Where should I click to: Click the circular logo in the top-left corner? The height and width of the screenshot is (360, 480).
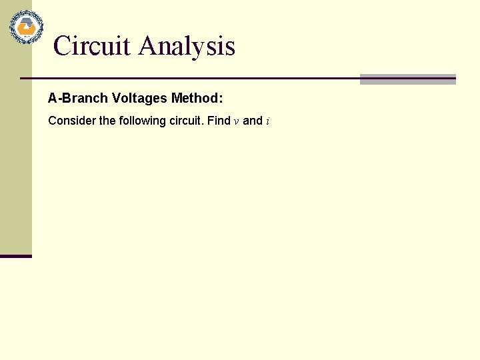(26, 27)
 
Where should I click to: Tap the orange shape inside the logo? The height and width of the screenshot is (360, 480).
(26, 28)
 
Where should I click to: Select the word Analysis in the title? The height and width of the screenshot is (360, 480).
(187, 46)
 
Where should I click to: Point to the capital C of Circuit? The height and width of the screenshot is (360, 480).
(62, 46)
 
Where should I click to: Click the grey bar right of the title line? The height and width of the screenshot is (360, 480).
(407, 79)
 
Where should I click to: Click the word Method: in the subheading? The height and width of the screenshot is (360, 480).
(197, 99)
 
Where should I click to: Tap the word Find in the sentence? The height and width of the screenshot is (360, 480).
(219, 121)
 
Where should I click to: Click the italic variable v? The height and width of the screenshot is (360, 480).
(236, 122)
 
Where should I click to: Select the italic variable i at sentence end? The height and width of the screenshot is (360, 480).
(267, 121)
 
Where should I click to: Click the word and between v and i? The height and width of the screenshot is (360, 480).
(253, 121)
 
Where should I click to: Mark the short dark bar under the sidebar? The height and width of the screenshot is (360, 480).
(16, 256)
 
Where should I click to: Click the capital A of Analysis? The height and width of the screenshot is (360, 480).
(148, 46)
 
